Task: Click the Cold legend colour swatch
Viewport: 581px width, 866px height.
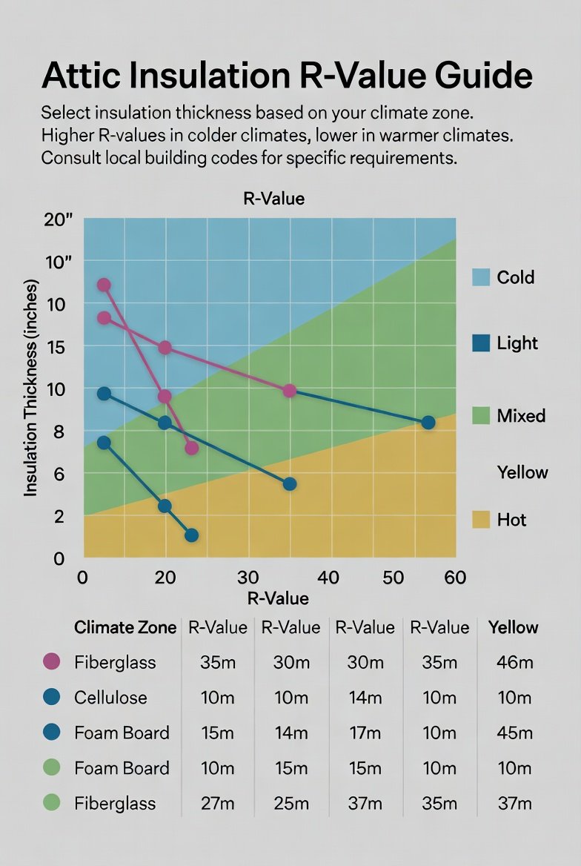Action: click(481, 277)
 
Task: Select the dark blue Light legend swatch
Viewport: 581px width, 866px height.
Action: click(481, 343)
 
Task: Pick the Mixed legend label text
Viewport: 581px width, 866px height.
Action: click(521, 415)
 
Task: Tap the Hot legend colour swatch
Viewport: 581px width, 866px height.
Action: click(481, 519)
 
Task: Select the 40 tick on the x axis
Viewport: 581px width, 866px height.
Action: click(328, 578)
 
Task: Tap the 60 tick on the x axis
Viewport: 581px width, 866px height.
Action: click(453, 578)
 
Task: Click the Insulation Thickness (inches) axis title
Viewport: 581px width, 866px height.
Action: click(31, 387)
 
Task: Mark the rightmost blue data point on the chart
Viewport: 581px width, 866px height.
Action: click(428, 423)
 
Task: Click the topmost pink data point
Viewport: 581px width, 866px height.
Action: click(104, 285)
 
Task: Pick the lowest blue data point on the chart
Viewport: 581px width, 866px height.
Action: click(191, 535)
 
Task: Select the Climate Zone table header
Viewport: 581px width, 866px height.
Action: click(125, 627)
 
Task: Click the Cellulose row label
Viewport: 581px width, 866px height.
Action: click(110, 697)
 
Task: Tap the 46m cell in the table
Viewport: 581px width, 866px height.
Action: click(513, 662)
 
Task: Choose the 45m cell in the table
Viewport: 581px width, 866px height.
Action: click(513, 733)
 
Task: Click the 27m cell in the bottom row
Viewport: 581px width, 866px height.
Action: click(217, 802)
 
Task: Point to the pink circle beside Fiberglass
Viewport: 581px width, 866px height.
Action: click(52, 661)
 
